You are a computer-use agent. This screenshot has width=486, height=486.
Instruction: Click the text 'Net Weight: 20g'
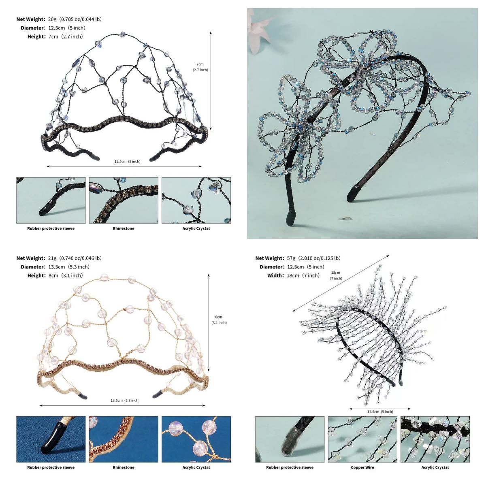coord(36,19)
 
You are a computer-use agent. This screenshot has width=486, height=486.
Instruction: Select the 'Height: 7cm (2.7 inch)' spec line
coord(55,36)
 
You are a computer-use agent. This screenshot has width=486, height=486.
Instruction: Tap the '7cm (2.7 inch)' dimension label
coord(200,67)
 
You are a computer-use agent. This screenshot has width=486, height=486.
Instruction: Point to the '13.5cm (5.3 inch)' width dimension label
coord(125,400)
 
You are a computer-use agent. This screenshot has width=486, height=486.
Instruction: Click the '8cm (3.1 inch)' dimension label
coord(219,320)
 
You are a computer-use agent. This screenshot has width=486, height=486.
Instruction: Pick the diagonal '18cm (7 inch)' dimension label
coord(336,275)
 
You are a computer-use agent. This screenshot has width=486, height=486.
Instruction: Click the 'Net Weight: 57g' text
coord(275,258)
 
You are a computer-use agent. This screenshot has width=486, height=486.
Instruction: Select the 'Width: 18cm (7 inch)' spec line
coord(293,276)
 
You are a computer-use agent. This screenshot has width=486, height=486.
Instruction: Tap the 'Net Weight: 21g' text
coord(36,258)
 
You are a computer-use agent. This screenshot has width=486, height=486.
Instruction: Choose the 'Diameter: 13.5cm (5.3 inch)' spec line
coord(55,267)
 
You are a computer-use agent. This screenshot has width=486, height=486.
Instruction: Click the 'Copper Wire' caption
coord(362,467)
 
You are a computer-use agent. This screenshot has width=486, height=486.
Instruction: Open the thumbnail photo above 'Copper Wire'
coord(362,439)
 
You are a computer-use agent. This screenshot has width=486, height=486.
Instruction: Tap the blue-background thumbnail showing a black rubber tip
coord(51,439)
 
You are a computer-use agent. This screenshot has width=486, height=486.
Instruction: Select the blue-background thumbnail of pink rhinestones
coord(124,439)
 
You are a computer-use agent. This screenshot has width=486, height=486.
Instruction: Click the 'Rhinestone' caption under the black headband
coord(124,228)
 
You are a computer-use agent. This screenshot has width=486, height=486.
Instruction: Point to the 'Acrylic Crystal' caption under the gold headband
coord(196,467)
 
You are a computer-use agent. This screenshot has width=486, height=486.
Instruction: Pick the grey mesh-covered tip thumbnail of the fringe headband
coord(290,439)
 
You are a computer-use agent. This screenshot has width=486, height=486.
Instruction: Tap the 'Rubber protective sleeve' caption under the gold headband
coord(51,467)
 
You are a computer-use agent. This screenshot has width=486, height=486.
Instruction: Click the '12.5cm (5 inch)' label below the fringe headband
coord(380,411)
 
